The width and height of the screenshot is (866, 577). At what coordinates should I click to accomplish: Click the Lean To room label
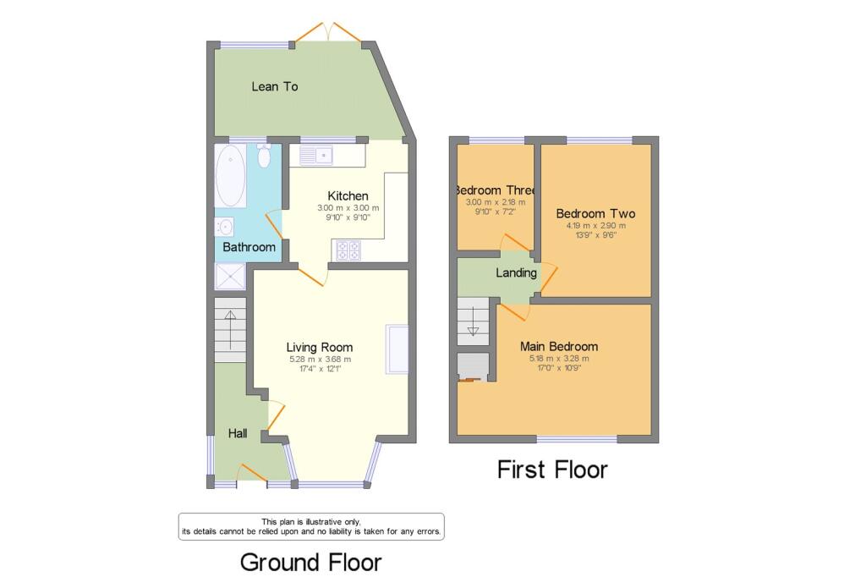(x=274, y=86)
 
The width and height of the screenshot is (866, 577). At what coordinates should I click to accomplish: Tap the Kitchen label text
(x=348, y=195)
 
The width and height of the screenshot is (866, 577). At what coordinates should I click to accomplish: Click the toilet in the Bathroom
(x=264, y=156)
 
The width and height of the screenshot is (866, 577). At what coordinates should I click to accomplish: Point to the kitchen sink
(x=316, y=155)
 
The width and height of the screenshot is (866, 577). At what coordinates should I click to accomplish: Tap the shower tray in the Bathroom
(x=229, y=278)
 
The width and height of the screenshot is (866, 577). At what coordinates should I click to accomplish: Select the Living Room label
(x=319, y=347)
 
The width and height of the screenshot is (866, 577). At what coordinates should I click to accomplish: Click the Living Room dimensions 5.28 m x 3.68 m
(x=319, y=360)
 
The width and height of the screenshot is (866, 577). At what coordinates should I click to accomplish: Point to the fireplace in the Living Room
(x=397, y=349)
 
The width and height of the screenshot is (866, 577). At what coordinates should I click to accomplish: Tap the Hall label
(x=238, y=433)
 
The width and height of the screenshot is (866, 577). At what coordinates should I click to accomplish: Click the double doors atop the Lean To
(x=328, y=33)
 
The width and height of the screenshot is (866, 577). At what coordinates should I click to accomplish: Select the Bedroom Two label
(x=595, y=213)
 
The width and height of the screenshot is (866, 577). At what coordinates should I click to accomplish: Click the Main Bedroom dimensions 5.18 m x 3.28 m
(x=558, y=359)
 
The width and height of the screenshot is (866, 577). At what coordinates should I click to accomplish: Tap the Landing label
(x=516, y=273)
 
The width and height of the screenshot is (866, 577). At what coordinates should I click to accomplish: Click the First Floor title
(x=551, y=470)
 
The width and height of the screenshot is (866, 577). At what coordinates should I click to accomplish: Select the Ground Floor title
(x=310, y=562)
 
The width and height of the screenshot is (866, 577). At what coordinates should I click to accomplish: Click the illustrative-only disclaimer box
(x=310, y=526)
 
